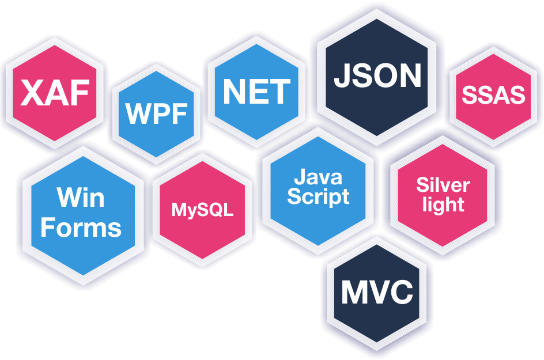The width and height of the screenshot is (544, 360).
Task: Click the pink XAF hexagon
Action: coord(55,93)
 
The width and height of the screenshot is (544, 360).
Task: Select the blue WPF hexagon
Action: coord(156,113)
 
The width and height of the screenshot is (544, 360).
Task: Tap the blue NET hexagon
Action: coord(256,92)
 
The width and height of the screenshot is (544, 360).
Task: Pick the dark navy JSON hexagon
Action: coord(377,77)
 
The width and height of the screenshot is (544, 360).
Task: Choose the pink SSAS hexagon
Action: coord(493,96)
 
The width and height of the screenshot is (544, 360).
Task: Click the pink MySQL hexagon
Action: coord(202,210)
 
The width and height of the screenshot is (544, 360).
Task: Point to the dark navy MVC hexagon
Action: coord(377,293)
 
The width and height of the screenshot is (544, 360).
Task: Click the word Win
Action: coord(81,198)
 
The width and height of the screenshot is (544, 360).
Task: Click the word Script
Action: coord(318,197)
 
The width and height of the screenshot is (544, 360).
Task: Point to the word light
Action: coord(443,204)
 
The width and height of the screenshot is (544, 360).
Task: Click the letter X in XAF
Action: coord(32,92)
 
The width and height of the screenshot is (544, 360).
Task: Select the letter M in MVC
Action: coord(354,291)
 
